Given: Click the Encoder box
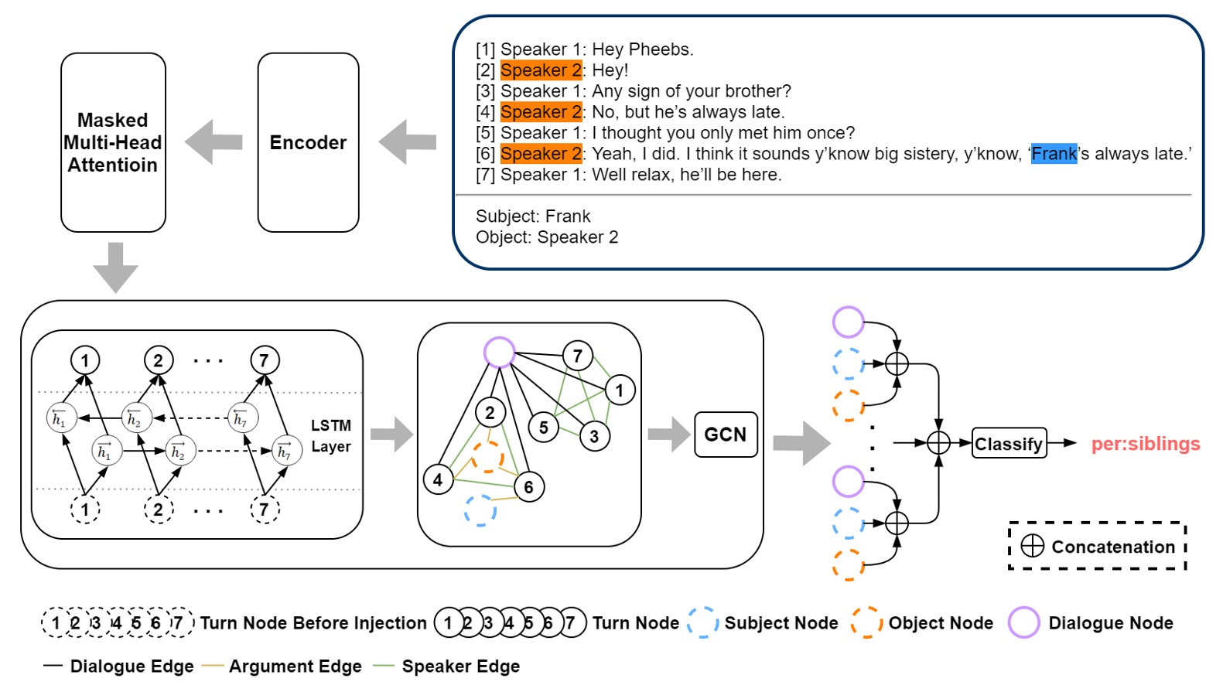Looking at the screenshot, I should (x=308, y=142).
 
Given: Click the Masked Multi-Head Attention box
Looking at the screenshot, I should (x=113, y=142).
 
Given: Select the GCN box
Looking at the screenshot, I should (x=725, y=435).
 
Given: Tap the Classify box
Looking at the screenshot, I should (x=1008, y=444).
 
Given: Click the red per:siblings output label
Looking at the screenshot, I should (x=1145, y=444).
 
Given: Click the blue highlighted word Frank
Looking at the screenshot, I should (x=1054, y=154).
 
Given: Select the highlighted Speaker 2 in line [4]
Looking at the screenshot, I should (x=541, y=112).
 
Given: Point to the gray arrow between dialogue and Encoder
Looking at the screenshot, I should (x=408, y=141).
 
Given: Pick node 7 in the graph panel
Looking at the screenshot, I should (x=577, y=356).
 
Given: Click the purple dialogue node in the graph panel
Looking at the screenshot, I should (x=499, y=353).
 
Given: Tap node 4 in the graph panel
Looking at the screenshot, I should (x=438, y=480).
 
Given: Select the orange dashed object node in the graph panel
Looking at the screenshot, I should (x=487, y=457).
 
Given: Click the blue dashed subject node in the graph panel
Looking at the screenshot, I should (x=480, y=511).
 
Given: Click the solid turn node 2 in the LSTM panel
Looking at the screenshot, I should (x=159, y=360).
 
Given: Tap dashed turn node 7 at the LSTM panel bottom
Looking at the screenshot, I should (x=265, y=510).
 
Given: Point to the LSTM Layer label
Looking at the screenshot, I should (x=330, y=436).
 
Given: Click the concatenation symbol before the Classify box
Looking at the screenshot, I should (x=938, y=443).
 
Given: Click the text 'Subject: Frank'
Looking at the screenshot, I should (x=533, y=216).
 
